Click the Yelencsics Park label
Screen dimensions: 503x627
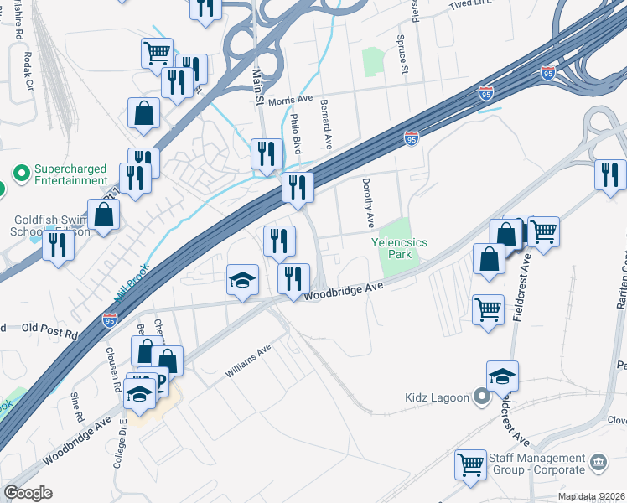(400, 247)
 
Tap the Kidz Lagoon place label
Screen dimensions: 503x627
(438, 397)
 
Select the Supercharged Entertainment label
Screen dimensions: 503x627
(70, 174)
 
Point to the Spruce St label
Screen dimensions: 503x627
(403, 60)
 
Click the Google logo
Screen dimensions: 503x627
(28, 492)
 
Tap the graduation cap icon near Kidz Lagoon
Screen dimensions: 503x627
(502, 376)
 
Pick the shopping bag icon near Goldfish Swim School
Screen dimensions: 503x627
(103, 215)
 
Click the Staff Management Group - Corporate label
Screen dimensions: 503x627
(536, 464)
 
